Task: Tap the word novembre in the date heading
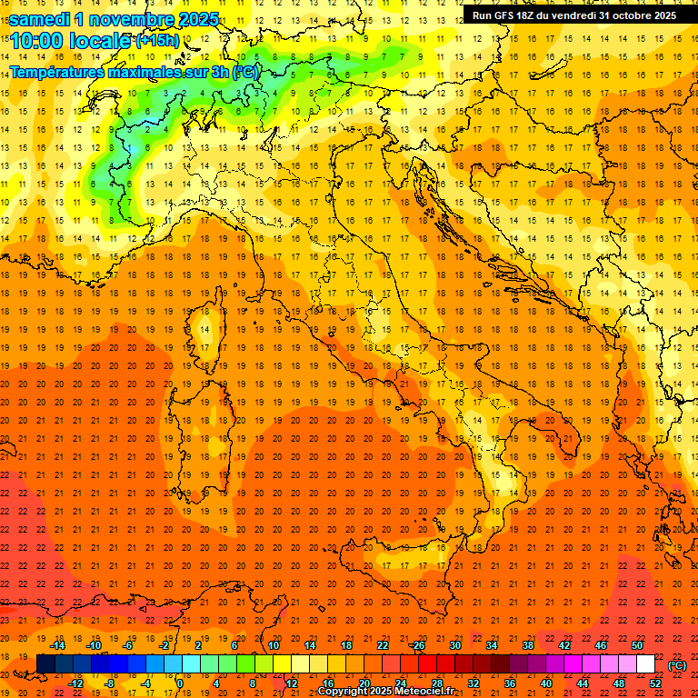[133, 18]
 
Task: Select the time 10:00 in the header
[41, 42]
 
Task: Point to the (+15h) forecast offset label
[157, 41]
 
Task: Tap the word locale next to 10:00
[104, 42]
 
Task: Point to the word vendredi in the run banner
[577, 15]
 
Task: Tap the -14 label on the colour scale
[59, 645]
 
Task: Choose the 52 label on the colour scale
[656, 683]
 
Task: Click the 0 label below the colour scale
[180, 683]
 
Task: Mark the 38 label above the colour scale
[527, 645]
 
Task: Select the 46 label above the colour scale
[600, 645]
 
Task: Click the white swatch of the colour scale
[645, 664]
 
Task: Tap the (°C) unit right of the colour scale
[676, 665]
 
